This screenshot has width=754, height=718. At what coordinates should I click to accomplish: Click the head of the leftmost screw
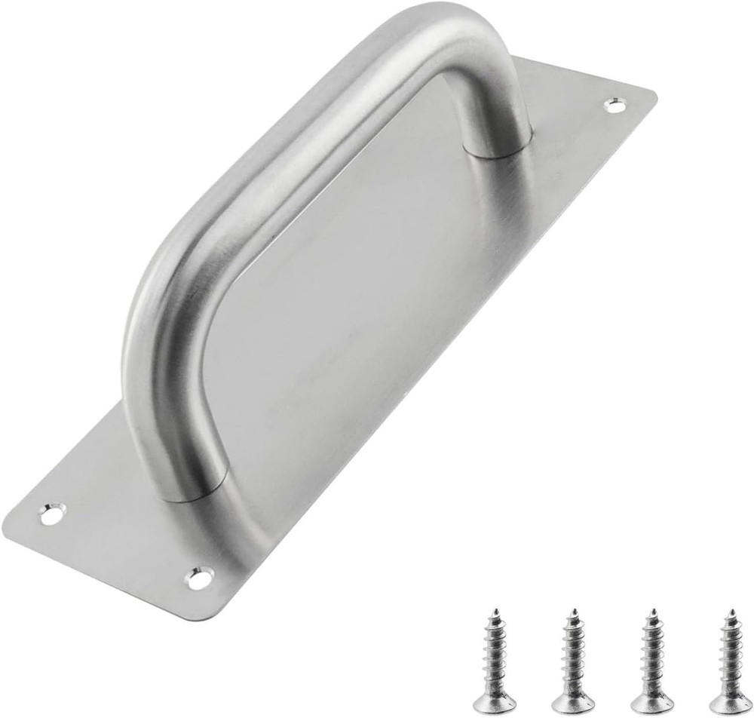coord(494,702)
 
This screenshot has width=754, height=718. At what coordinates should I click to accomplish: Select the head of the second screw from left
coord(573,702)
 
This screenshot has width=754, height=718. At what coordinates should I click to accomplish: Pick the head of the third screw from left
coord(652,702)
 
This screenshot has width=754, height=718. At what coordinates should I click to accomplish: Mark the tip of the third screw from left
coord(652,610)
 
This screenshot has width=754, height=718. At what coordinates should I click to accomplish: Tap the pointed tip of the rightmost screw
coord(731,610)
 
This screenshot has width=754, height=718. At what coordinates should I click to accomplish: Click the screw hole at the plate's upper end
coord(615,106)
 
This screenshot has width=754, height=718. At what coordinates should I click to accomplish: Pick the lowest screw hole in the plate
coord(199,578)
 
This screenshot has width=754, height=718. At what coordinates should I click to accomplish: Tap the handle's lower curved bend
coord(151,317)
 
